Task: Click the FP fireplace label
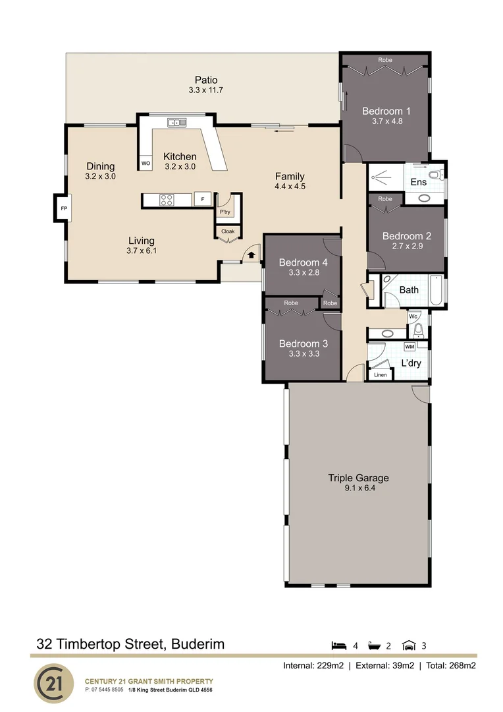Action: click(64, 209)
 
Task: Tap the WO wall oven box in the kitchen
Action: click(146, 163)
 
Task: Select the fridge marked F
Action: click(203, 199)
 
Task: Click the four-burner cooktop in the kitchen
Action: click(166, 200)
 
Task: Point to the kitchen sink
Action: click(176, 122)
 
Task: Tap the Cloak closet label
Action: click(228, 231)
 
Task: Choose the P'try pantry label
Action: click(225, 212)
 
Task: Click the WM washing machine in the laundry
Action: click(410, 347)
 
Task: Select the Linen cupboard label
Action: click(381, 374)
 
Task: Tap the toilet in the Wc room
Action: click(419, 330)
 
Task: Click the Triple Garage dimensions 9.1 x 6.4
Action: click(360, 489)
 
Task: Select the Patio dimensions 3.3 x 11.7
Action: click(206, 90)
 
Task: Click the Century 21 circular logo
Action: click(54, 684)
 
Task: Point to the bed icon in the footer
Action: click(339, 645)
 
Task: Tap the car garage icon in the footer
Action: click(409, 645)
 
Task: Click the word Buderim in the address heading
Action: click(198, 644)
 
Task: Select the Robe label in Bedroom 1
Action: click(385, 60)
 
